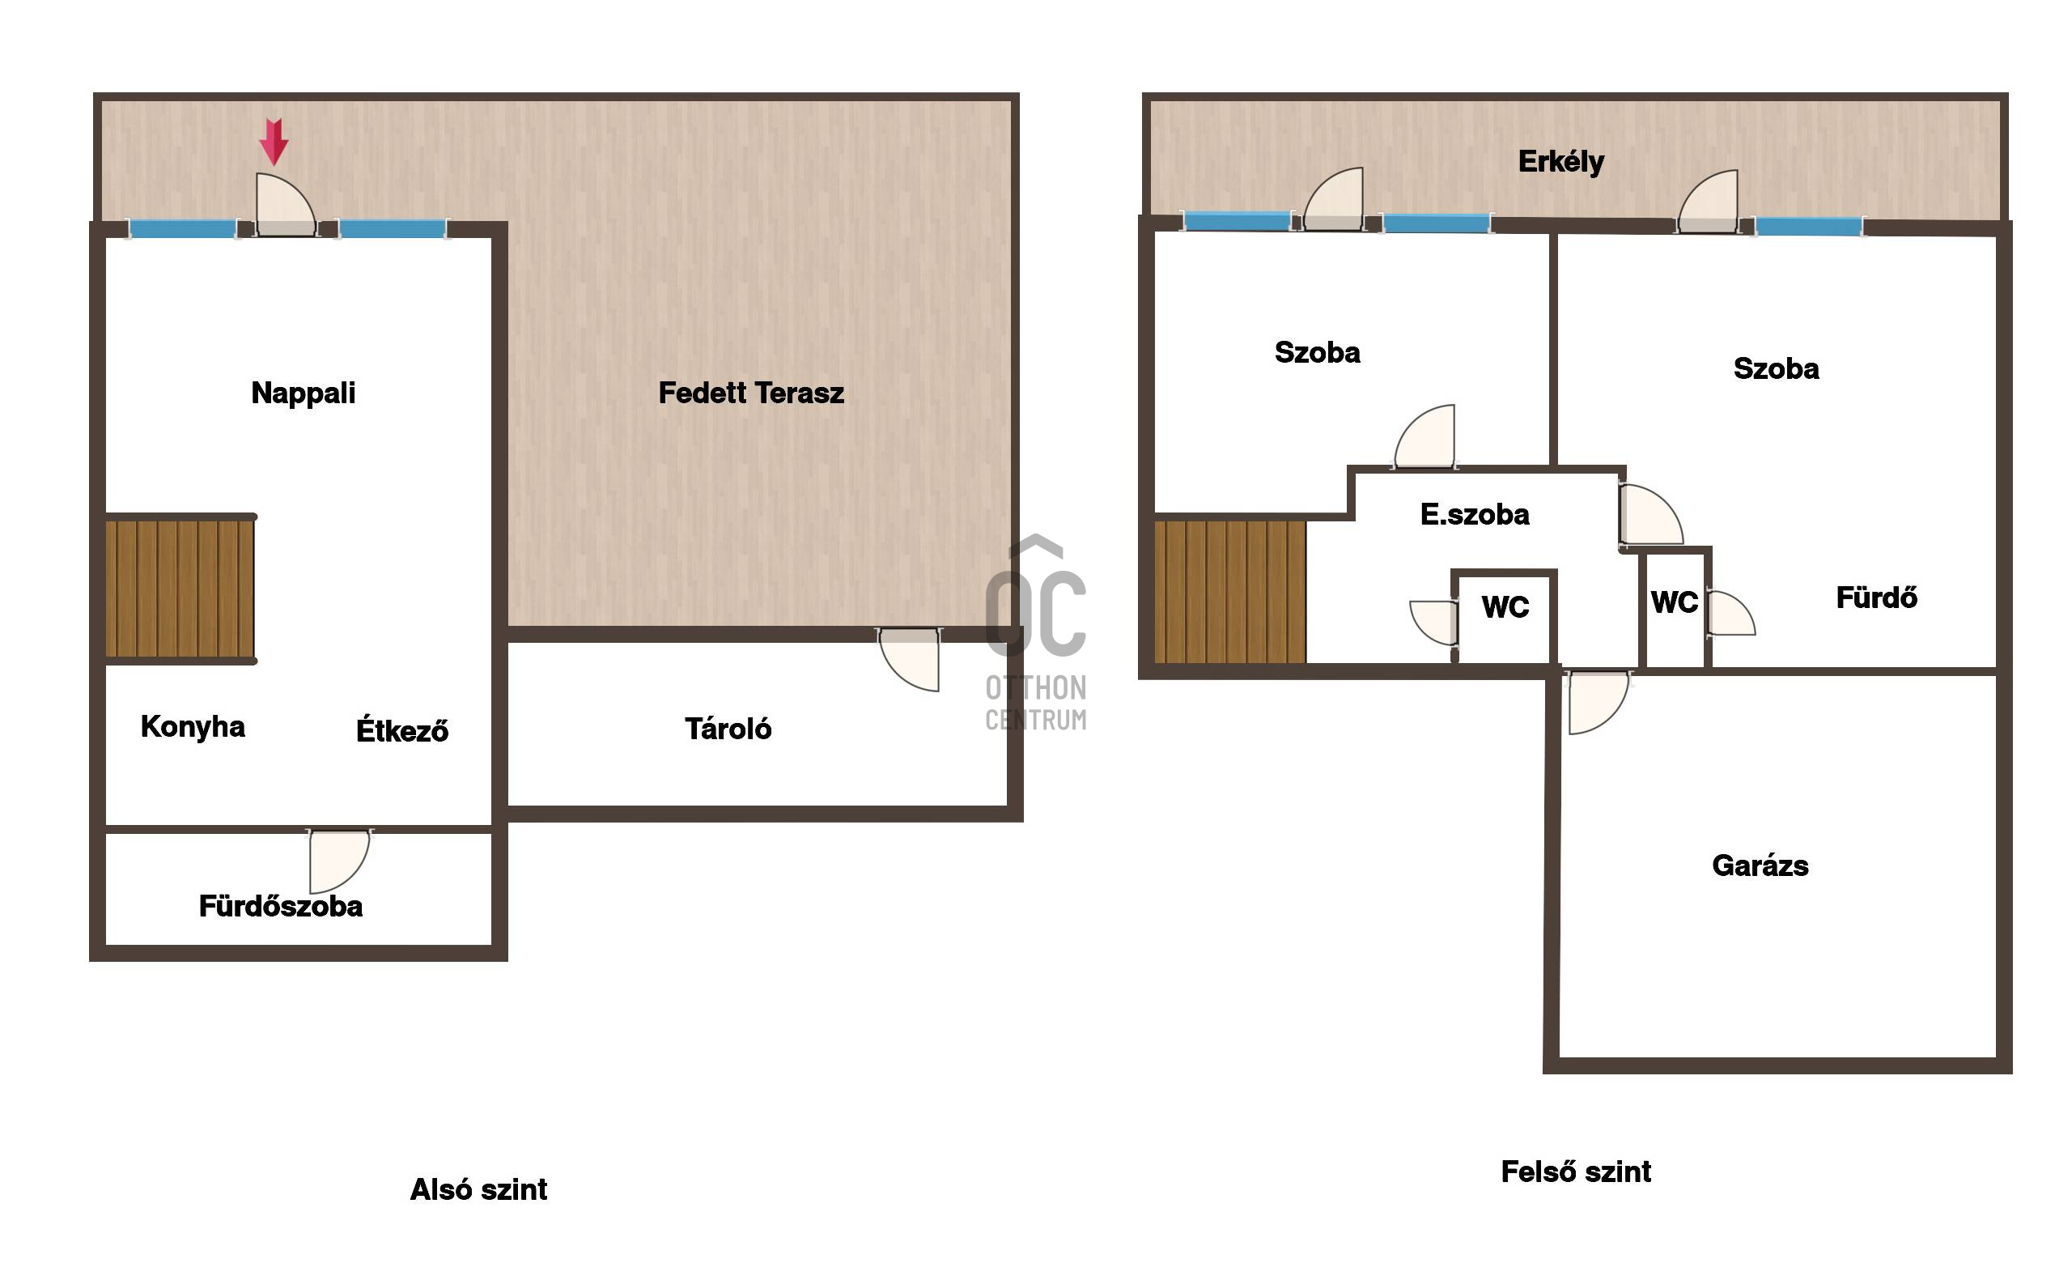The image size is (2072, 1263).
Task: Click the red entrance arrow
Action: (x=274, y=141)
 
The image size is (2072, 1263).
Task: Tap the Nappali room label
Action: (x=304, y=393)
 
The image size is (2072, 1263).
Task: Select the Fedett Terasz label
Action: (x=751, y=393)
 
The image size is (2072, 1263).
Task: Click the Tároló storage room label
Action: (x=728, y=728)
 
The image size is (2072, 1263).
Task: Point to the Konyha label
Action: (x=193, y=726)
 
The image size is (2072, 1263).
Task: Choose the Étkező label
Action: (x=402, y=729)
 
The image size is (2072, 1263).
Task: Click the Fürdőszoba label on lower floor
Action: (x=281, y=906)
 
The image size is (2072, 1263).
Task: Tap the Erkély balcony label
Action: (x=1560, y=161)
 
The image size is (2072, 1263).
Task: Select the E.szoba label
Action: (x=1474, y=514)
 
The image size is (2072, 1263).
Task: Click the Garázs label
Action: (x=1760, y=865)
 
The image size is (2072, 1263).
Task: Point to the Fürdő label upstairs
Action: (x=1876, y=597)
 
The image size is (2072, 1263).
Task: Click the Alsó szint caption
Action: (x=478, y=1189)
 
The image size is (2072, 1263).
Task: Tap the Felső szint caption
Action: (x=1576, y=1172)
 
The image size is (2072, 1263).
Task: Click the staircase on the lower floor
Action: (x=180, y=589)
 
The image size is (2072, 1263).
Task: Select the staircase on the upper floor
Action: (x=1229, y=592)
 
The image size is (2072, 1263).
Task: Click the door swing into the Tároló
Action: (x=908, y=660)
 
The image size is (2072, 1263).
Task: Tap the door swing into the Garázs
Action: (x=1598, y=702)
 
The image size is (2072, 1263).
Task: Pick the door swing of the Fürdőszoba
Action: (x=340, y=861)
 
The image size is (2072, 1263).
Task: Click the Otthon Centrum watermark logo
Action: (x=1036, y=632)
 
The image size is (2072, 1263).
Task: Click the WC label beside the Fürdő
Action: (x=1675, y=602)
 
